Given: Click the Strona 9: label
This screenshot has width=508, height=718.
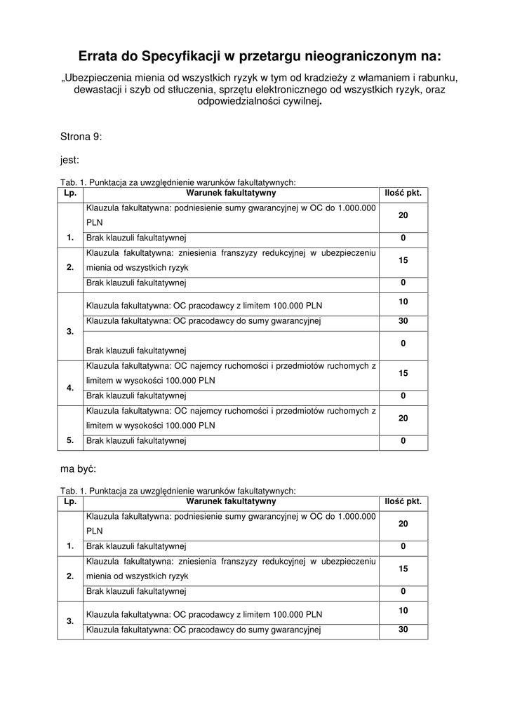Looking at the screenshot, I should pyautogui.click(x=81, y=137).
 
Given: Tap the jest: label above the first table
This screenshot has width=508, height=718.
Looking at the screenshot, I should pyautogui.click(x=69, y=160).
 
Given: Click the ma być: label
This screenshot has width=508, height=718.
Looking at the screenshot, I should pyautogui.click(x=79, y=467).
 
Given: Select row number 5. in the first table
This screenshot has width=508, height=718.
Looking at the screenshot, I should pyautogui.click(x=70, y=441).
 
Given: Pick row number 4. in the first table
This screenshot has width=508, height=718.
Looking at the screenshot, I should pyautogui.click(x=70, y=388).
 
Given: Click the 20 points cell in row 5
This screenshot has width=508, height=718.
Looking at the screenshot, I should pyautogui.click(x=403, y=418).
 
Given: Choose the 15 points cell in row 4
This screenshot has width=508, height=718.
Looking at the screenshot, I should pyautogui.click(x=403, y=374).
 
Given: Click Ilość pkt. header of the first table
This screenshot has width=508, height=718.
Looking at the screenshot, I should pyautogui.click(x=403, y=193).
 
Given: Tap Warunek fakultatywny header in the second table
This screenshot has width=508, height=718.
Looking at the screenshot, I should pyautogui.click(x=231, y=501).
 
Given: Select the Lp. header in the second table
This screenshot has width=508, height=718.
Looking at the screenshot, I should pyautogui.click(x=70, y=501).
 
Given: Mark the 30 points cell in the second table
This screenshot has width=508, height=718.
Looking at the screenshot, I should pyautogui.click(x=403, y=630).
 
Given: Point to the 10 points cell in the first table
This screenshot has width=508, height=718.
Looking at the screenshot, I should pyautogui.click(x=403, y=302).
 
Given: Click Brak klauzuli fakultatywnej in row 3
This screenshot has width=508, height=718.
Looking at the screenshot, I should pyautogui.click(x=135, y=349).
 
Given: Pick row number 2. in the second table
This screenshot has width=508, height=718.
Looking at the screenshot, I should pyautogui.click(x=70, y=576).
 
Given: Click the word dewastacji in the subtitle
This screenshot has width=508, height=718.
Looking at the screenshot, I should pyautogui.click(x=98, y=89).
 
